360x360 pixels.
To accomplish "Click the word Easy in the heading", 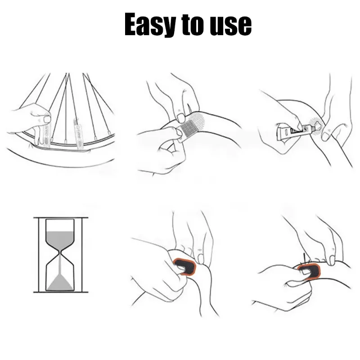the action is coord(150,24).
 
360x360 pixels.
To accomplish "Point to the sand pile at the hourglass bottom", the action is coord(60,282).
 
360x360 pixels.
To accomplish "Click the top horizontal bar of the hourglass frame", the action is coord(61,218).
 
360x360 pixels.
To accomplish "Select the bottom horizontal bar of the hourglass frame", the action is coord(61,292).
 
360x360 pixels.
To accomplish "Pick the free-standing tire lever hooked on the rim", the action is coord(77,133).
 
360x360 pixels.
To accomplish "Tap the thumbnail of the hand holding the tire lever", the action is coord(47,119).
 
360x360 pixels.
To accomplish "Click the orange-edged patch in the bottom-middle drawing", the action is coord(184,266).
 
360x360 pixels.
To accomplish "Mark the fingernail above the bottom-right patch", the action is coord(332,261).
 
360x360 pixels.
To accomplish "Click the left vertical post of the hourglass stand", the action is coord(39,255).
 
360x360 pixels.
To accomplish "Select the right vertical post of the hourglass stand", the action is coord(82,255).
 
